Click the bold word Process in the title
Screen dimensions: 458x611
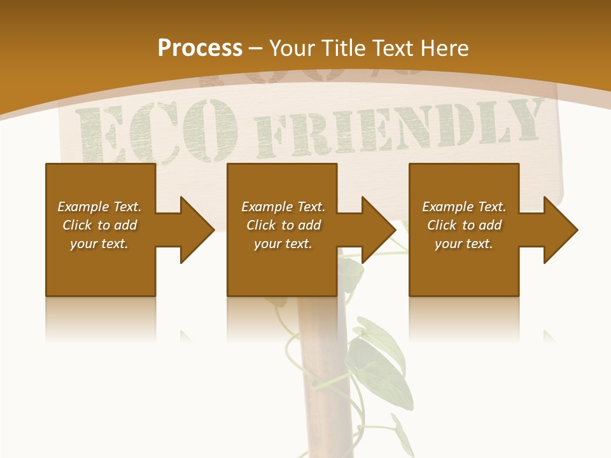[x=200, y=48]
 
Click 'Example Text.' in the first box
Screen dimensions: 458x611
[x=99, y=207]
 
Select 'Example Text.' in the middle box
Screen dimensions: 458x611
[x=283, y=207]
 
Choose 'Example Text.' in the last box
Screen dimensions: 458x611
[x=464, y=207]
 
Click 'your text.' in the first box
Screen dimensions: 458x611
[x=99, y=244]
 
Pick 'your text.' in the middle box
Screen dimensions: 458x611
[x=283, y=244]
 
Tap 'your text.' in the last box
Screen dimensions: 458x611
[x=464, y=244]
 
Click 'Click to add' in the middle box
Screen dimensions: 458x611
[x=283, y=225]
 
